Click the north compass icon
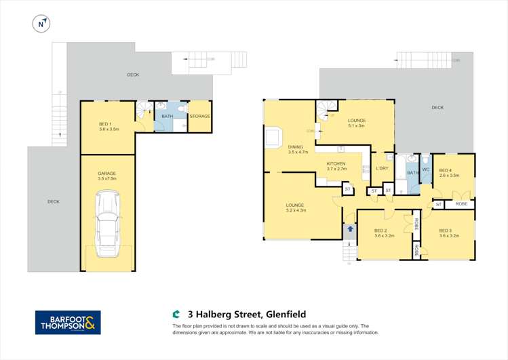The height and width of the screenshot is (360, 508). tap(42, 23)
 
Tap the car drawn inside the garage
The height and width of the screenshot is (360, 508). tap(107, 224)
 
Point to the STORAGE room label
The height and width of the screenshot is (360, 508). tap(199, 117)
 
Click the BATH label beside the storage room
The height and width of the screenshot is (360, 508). tap(167, 117)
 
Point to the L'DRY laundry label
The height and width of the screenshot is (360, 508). tap(381, 168)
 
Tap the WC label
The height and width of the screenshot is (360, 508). tap(426, 169)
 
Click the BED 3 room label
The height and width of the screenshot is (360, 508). tap(449, 233)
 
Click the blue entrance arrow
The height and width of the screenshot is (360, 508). tap(350, 229)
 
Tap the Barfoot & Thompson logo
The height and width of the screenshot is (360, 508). tap(68, 323)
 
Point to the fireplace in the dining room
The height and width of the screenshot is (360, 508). tap(275, 137)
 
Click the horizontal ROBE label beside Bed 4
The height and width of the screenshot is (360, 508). tap(461, 204)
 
